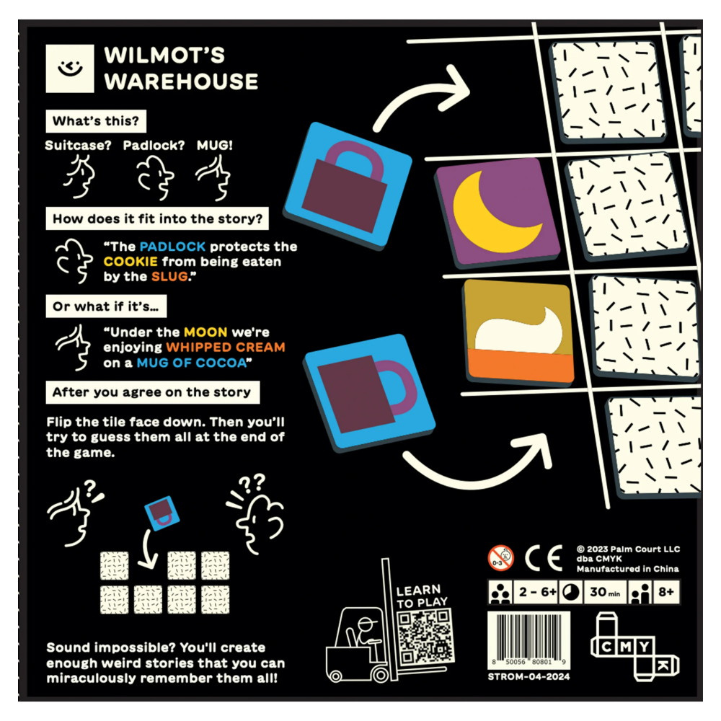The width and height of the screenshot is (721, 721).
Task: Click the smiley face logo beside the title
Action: click(70, 68)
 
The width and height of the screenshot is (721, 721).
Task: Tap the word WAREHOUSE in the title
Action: click(180, 81)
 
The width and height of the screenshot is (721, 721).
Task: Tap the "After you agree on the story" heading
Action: click(151, 392)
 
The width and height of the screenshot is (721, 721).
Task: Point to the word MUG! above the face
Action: click(215, 145)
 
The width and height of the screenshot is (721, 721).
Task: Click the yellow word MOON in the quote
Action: click(205, 332)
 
